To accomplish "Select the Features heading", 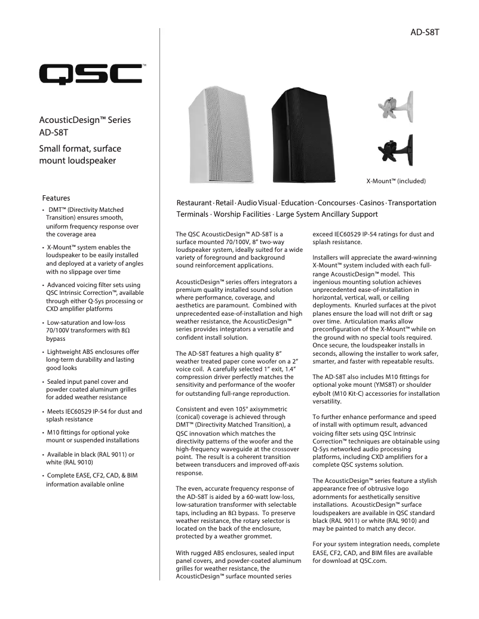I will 56,198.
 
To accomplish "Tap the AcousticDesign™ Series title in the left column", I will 84,120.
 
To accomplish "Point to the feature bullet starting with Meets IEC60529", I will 94,415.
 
